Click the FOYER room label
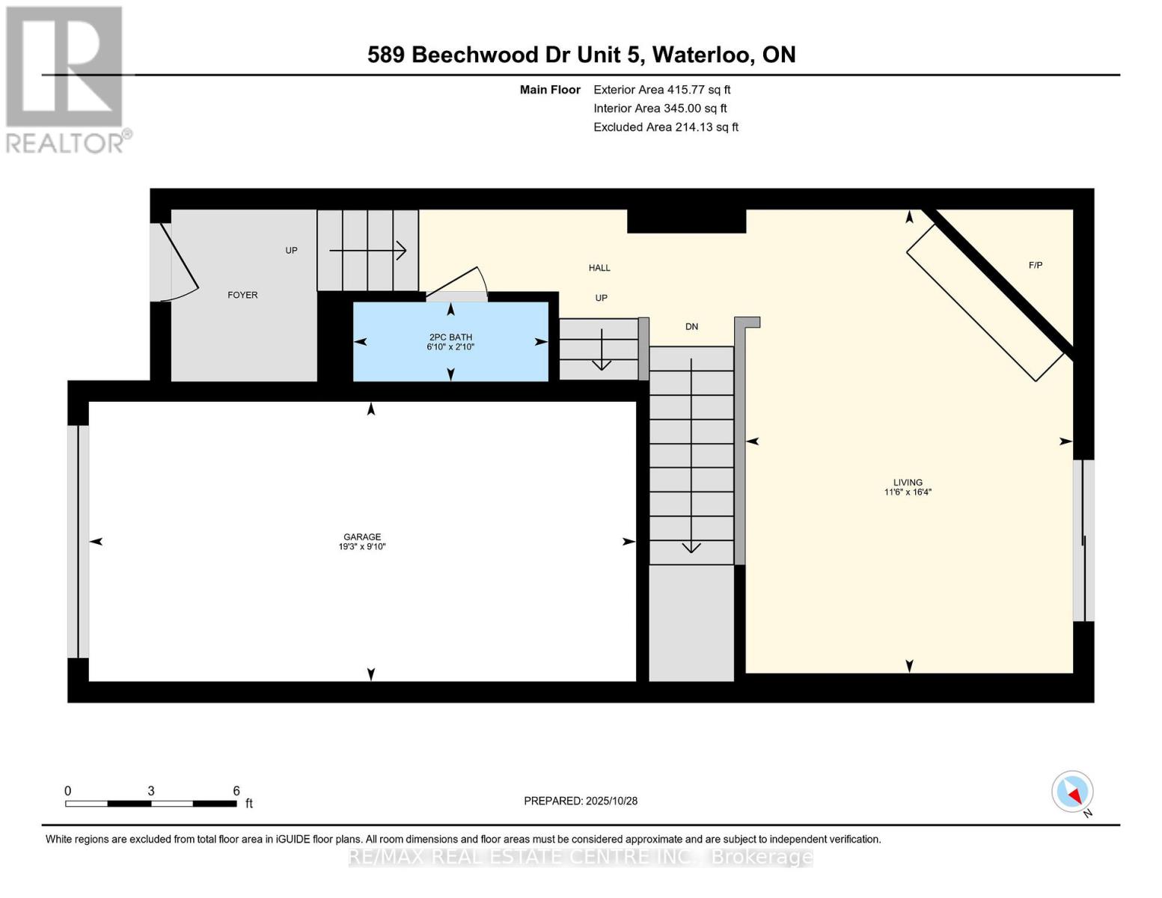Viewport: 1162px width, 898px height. pos(242,295)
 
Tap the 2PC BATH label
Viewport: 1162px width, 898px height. pos(450,337)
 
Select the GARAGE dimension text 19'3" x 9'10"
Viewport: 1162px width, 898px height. pos(362,547)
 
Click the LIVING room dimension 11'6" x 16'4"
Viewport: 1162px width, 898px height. pos(908,492)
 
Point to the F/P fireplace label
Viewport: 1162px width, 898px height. pos(1036,265)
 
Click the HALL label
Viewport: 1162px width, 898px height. pos(599,268)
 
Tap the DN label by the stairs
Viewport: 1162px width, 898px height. pos(691,326)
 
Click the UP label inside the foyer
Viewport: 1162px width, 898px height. pos(291,250)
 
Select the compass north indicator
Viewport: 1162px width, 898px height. pos(1073,792)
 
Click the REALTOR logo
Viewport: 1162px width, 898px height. pos(66,79)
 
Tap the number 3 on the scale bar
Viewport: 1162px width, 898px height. pos(151,791)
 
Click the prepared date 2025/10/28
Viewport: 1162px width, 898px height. pos(611,801)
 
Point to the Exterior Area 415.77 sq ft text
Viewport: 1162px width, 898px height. pos(661,90)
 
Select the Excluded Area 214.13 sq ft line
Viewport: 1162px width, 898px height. pos(665,127)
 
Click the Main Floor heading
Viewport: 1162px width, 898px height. pos(550,90)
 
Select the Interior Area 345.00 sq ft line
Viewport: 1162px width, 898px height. pos(660,109)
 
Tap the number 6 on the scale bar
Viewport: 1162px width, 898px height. pos(236,791)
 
